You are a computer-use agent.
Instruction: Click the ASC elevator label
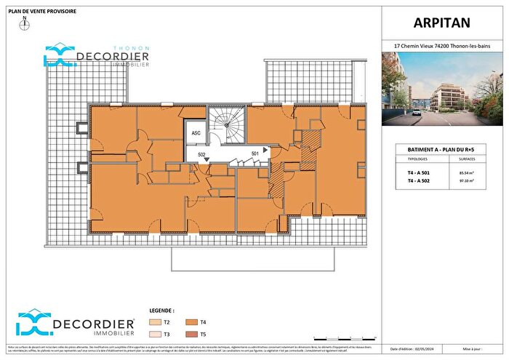(196, 134)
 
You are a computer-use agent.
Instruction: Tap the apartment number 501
(254, 153)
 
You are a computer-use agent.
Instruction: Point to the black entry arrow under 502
(209, 159)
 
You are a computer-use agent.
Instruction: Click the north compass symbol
(25, 24)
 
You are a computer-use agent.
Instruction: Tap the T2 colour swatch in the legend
(153, 321)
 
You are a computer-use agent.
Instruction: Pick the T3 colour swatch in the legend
(153, 334)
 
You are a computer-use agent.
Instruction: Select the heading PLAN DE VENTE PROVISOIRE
(43, 11)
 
